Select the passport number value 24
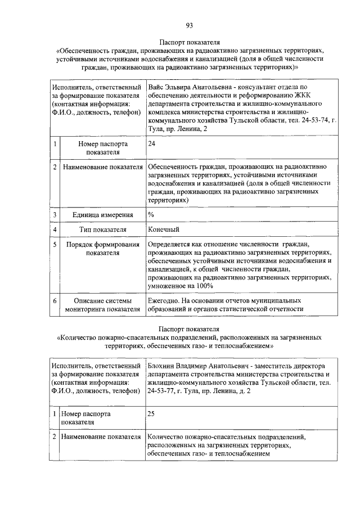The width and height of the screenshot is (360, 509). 151,144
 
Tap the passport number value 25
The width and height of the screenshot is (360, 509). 151,413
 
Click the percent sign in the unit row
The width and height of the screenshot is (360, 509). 151,214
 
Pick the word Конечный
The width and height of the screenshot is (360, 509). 164,229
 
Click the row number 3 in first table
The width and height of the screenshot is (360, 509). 55,215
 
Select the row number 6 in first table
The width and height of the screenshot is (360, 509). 55,300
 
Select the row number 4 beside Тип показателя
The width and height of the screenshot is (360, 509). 55,230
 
